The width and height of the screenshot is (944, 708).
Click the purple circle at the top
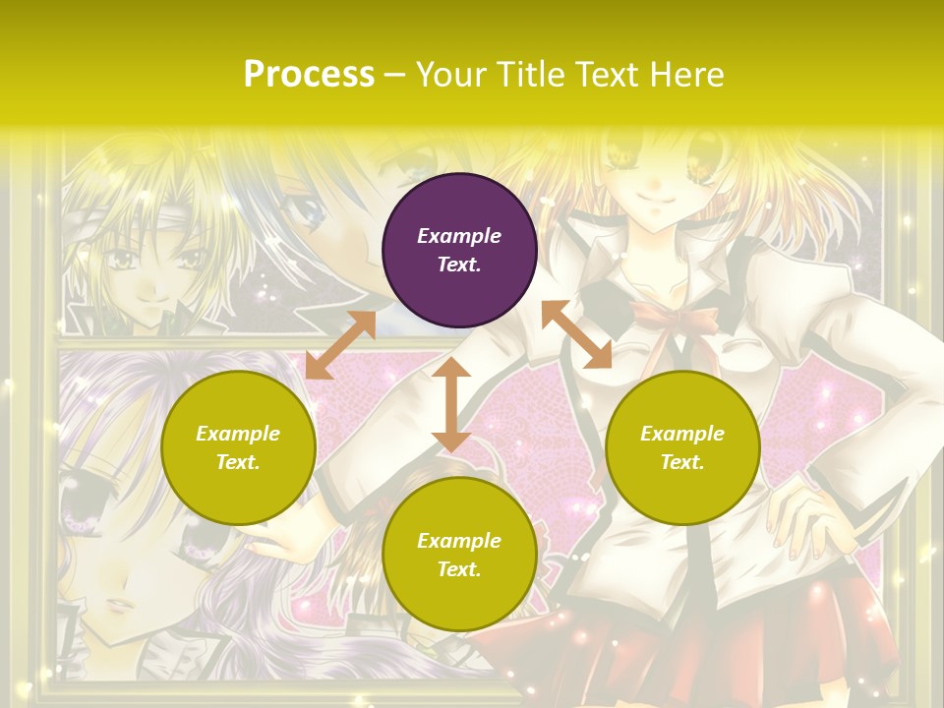[459, 251]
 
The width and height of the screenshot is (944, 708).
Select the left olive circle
[238, 448]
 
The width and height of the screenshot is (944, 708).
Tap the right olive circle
[682, 448]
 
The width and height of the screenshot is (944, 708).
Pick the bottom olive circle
[459, 555]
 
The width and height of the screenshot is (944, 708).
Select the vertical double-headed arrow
[451, 404]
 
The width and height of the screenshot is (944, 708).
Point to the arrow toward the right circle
[576, 334]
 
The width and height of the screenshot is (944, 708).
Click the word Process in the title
[309, 74]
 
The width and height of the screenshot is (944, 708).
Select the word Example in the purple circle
[459, 236]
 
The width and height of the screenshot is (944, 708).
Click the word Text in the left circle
[238, 462]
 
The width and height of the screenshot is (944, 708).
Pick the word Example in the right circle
[682, 434]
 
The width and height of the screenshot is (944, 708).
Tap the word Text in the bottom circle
[458, 569]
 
